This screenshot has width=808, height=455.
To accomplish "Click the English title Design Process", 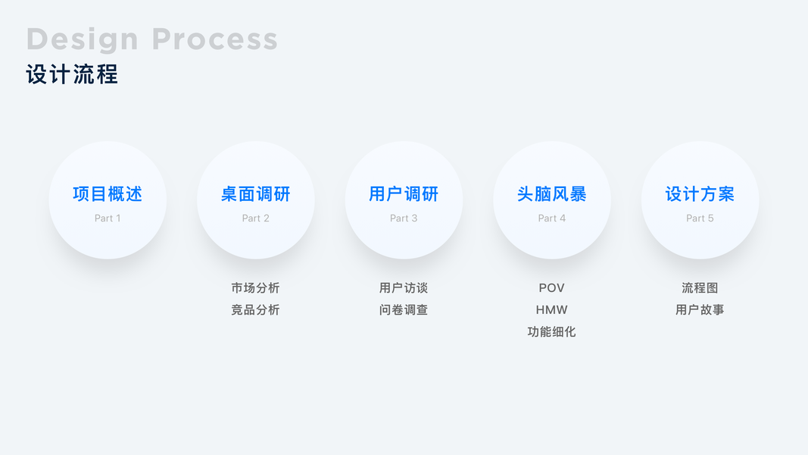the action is click(x=151, y=39).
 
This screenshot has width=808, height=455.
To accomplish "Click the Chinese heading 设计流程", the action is click(x=72, y=74).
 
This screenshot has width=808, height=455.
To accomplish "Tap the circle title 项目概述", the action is click(x=108, y=194).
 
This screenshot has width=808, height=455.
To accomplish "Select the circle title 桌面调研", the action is click(x=256, y=194).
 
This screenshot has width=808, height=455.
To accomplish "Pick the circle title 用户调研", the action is click(x=404, y=194).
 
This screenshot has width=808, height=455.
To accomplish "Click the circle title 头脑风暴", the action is click(x=552, y=194).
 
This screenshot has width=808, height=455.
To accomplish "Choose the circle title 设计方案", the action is click(x=700, y=194).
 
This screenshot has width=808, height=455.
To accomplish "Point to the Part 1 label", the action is click(x=108, y=218).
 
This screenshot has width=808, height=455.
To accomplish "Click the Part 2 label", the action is click(x=256, y=218).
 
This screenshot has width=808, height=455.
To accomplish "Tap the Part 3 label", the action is click(x=404, y=218).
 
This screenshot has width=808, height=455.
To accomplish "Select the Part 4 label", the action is click(x=552, y=218).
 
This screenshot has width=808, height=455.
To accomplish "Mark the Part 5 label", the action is click(x=700, y=218).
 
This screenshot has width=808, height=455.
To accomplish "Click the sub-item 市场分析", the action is click(x=256, y=288).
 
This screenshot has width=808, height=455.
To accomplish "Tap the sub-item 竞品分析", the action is click(x=256, y=310).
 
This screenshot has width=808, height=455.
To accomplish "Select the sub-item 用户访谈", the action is click(x=404, y=288).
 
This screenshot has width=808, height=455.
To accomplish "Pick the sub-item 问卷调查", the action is click(x=404, y=310).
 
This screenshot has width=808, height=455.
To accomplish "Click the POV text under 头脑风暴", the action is click(x=552, y=288).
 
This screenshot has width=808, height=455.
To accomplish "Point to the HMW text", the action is click(x=552, y=310).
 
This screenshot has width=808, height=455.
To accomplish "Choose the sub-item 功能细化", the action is click(x=552, y=332).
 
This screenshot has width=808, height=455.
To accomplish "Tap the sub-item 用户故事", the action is click(x=700, y=310).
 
